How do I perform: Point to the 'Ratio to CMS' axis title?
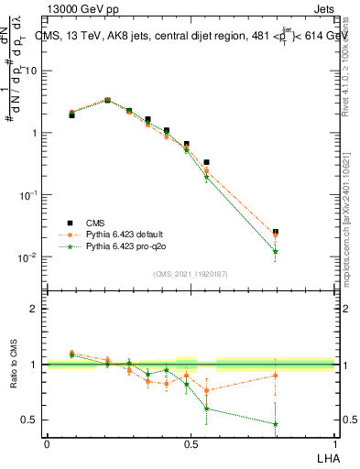[15, 365]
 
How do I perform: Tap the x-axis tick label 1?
[333, 443]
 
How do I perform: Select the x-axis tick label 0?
[47, 443]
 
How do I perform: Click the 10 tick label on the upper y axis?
[30, 71]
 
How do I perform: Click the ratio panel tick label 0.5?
[30, 420]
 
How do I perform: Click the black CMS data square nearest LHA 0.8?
[276, 233]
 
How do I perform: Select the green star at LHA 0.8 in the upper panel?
[276, 251]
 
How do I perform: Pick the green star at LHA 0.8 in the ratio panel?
[276, 424]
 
